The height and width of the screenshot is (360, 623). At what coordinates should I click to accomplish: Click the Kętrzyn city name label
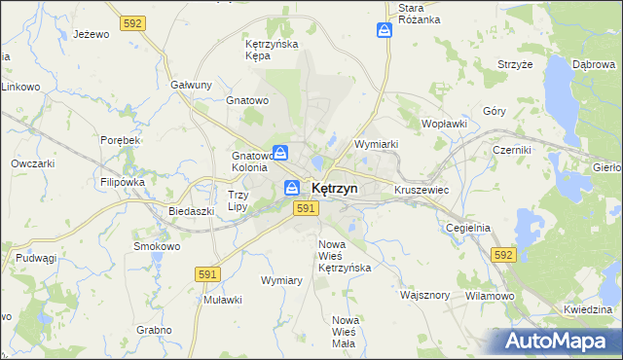334,188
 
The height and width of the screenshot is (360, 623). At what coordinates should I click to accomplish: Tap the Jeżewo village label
92,34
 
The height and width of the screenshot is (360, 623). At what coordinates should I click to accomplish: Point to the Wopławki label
445,125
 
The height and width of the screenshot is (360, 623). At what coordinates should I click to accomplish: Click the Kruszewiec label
421,190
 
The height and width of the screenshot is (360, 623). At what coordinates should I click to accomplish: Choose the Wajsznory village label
425,293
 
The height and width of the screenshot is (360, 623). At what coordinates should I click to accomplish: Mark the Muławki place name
223,300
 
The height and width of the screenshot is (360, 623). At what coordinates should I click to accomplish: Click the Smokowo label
155,246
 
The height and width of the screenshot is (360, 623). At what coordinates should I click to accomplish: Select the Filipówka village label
122,182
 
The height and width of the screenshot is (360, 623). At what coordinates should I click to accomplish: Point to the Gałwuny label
191,85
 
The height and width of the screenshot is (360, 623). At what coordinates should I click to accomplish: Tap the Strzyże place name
516,64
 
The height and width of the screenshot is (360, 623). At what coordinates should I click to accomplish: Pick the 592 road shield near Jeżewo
133,20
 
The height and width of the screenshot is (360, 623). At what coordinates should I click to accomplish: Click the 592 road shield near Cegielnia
502,254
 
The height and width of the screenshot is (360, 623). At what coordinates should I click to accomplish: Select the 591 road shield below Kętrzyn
306,208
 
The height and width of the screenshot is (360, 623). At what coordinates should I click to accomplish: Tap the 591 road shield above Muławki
205,275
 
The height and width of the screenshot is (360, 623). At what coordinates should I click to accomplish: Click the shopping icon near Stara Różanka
385,31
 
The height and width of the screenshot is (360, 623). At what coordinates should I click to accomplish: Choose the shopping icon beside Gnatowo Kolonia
280,153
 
